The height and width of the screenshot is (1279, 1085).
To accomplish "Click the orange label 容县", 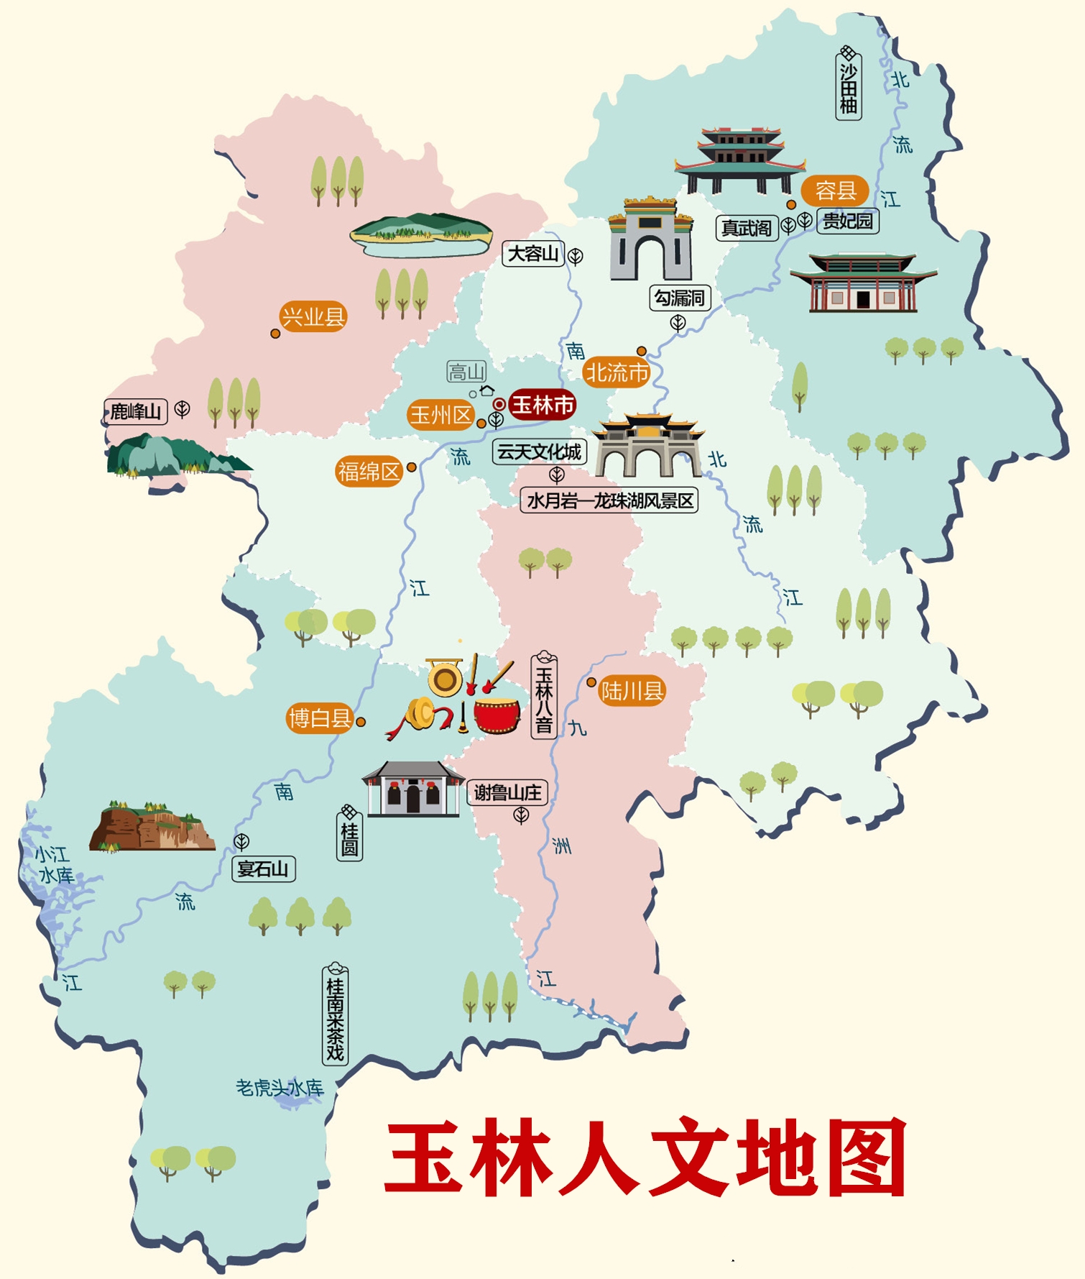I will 835,191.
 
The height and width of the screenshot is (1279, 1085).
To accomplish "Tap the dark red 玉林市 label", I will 542,405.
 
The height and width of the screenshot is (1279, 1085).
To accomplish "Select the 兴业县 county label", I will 313,316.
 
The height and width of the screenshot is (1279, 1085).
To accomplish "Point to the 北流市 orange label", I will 617,372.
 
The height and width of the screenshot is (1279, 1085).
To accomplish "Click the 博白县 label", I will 320,718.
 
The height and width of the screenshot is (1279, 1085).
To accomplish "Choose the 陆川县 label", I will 632,691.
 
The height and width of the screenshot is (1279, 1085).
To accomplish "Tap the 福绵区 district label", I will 369,472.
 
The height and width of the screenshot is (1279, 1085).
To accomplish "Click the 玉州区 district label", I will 440,415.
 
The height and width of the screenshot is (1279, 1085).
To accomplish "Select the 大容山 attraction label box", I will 532,254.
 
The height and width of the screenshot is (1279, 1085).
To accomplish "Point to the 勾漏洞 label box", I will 680,298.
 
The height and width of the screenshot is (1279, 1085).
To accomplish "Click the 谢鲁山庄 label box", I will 507,792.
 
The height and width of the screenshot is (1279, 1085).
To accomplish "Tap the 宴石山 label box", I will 263,868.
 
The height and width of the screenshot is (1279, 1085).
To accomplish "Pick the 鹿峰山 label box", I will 135,411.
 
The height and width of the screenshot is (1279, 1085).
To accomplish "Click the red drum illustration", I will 497,715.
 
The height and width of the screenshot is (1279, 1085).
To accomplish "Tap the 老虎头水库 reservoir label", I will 280,1088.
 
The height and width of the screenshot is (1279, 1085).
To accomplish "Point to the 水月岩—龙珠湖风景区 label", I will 609,500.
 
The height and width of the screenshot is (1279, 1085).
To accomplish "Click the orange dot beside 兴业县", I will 275,334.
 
